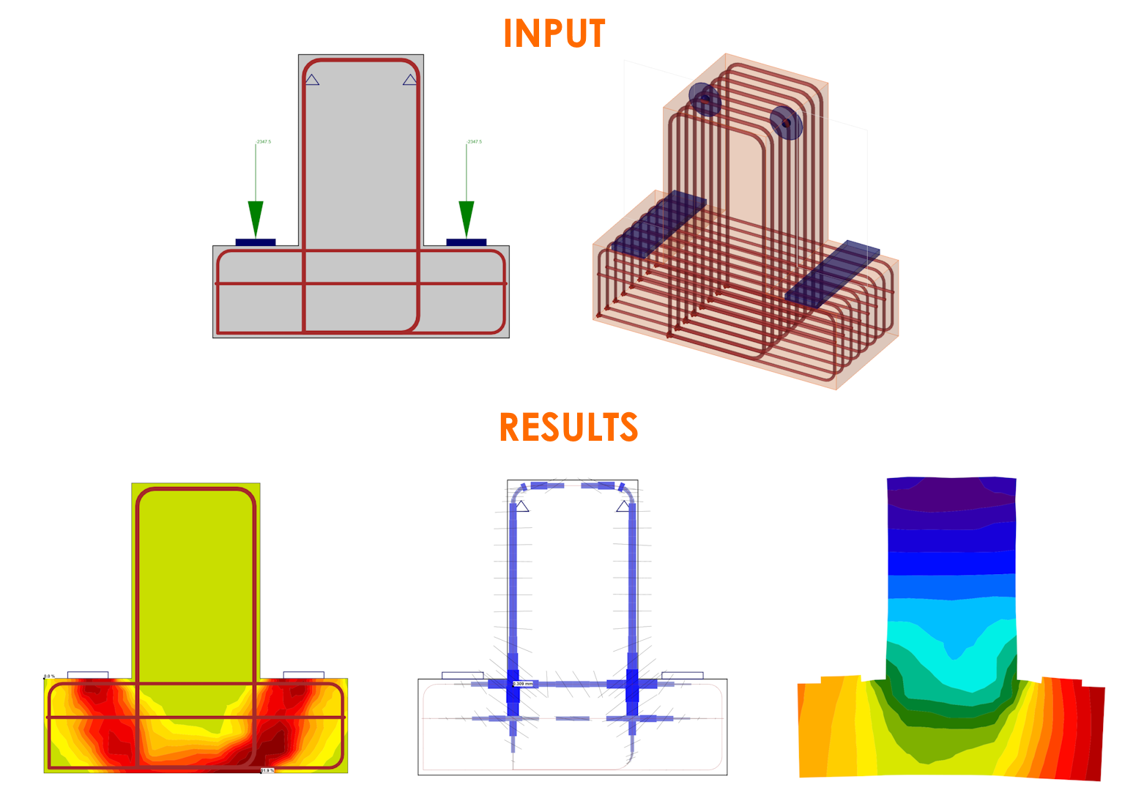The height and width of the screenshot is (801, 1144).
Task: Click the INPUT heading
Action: click(x=554, y=34)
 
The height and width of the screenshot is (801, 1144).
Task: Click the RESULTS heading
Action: click(x=568, y=428)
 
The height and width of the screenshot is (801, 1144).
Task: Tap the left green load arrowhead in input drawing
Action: click(x=255, y=217)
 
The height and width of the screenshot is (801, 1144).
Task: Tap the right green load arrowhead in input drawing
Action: click(x=466, y=217)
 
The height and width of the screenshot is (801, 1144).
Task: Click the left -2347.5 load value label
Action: click(x=263, y=141)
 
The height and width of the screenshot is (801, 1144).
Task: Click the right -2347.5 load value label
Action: click(x=474, y=141)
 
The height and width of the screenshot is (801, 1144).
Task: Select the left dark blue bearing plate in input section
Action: click(x=255, y=242)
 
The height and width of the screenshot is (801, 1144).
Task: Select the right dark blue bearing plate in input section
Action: click(x=466, y=242)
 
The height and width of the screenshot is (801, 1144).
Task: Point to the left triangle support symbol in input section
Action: click(x=312, y=80)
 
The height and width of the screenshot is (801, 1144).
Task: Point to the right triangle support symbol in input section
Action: click(x=410, y=80)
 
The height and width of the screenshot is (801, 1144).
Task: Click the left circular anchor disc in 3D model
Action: click(x=705, y=100)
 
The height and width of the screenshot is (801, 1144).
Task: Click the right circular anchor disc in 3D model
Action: click(x=786, y=122)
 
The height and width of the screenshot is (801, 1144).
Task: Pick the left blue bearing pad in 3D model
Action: click(x=659, y=223)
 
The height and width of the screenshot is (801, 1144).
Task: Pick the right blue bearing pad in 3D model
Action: click(x=833, y=272)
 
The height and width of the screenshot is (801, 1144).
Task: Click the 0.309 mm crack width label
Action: click(x=522, y=684)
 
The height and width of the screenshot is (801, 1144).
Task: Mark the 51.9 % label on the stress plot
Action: click(x=267, y=770)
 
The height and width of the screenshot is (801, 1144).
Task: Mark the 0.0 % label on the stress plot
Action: click(x=49, y=676)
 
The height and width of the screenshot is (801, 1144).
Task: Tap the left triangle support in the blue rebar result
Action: click(x=521, y=507)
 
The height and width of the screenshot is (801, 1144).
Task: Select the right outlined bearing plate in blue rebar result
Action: click(x=682, y=675)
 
